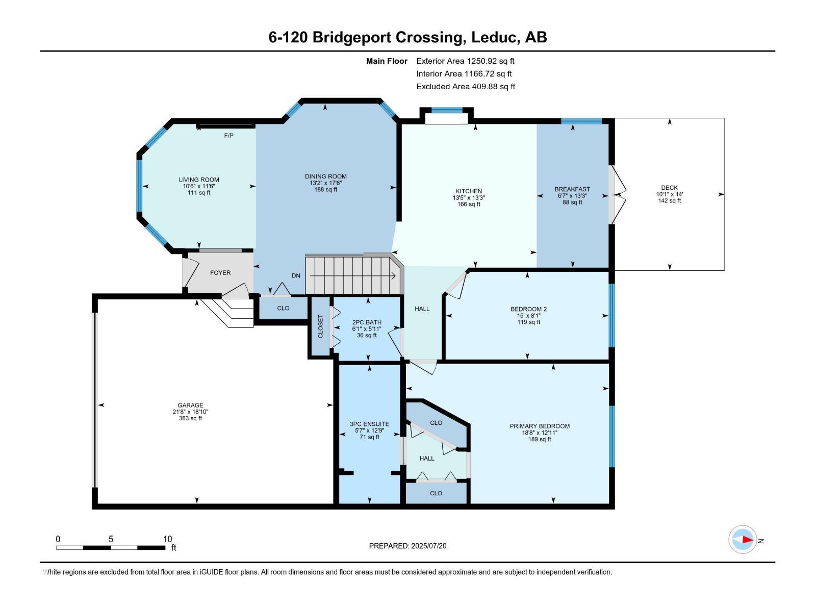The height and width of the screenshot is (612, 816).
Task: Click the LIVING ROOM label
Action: [199, 180]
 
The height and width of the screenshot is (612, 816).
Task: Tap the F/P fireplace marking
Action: [228, 136]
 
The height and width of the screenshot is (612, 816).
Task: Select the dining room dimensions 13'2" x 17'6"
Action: [325, 183]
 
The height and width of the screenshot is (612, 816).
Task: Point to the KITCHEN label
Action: [469, 191]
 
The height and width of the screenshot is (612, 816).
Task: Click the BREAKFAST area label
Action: [572, 189]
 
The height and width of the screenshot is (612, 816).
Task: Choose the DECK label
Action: [669, 188]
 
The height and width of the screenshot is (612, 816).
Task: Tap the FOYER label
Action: [220, 273]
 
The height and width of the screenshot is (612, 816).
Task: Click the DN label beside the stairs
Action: [296, 276]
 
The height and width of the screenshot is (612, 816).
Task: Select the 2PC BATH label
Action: [367, 322]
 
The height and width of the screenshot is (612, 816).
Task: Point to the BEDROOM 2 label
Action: [528, 309]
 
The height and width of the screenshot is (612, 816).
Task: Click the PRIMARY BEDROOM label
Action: [540, 426]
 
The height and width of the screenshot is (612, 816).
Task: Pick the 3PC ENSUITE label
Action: [369, 424]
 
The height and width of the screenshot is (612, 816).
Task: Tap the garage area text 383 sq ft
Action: [190, 419]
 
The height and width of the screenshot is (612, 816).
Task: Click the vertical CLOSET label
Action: [320, 326]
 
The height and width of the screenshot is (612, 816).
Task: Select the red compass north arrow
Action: [747, 539]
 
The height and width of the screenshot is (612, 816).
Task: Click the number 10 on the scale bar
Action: [167, 539]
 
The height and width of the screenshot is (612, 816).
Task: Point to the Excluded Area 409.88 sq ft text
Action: [465, 87]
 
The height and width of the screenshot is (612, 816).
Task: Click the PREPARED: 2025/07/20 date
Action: [407, 546]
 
